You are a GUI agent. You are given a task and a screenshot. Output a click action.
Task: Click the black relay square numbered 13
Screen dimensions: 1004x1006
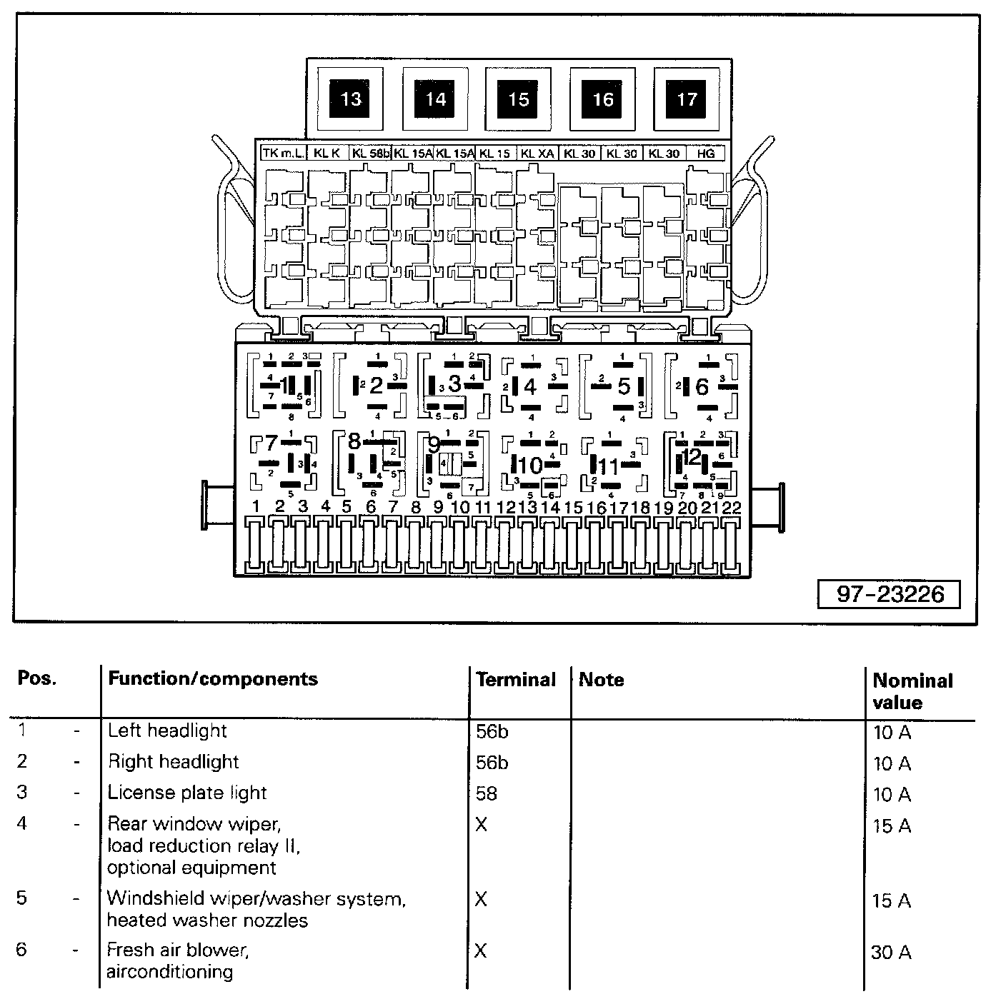(x=351, y=99)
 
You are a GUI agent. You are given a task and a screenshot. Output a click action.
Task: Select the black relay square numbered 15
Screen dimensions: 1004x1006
(x=519, y=99)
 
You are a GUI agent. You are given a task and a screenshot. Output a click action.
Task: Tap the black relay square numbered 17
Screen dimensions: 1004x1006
(x=686, y=99)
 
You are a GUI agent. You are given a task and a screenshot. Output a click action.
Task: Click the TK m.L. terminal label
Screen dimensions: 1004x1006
(x=284, y=153)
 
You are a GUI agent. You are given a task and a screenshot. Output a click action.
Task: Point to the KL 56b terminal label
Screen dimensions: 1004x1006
(x=371, y=153)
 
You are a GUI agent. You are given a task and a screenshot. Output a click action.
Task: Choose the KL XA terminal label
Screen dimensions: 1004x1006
(x=537, y=153)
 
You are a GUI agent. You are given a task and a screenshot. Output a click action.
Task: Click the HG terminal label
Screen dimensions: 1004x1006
(x=705, y=153)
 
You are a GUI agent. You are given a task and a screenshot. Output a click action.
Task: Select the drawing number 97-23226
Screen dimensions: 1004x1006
(x=890, y=594)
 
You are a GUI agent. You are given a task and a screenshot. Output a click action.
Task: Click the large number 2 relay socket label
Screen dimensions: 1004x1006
(x=376, y=386)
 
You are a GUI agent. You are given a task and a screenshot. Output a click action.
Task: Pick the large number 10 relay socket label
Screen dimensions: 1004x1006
(x=531, y=466)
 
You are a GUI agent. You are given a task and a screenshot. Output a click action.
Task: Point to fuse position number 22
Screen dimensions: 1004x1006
(x=732, y=508)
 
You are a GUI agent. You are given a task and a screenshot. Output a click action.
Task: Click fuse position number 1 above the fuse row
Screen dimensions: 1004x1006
(x=256, y=507)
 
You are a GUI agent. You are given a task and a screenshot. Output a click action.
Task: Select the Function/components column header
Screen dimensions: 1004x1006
(x=212, y=678)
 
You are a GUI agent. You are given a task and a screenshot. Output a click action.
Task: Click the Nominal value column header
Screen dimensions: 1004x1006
(x=912, y=691)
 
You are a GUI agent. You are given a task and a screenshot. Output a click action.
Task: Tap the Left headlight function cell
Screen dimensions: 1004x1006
(x=166, y=731)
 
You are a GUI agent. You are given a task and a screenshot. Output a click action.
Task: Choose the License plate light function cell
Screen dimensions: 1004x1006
(x=186, y=793)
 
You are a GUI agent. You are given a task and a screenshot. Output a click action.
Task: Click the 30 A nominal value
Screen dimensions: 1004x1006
(x=891, y=953)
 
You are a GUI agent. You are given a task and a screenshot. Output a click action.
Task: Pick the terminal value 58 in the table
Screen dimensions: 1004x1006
(x=486, y=793)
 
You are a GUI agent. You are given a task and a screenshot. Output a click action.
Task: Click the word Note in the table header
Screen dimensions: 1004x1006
(x=601, y=680)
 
